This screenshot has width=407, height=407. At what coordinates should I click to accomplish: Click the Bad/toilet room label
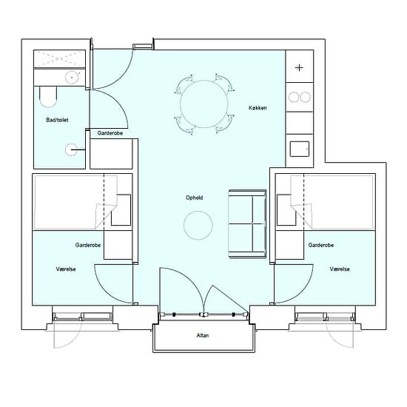(57, 120)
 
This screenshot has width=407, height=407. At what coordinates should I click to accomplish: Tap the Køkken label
(258, 108)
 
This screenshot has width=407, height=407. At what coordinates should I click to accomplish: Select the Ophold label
(194, 198)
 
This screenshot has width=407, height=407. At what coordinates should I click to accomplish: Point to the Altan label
(203, 335)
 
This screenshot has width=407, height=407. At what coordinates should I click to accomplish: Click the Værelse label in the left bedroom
(66, 269)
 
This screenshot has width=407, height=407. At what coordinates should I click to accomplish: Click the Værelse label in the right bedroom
(340, 269)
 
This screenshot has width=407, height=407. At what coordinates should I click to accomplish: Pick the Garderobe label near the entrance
(110, 133)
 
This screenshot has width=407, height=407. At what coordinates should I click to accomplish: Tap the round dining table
(204, 104)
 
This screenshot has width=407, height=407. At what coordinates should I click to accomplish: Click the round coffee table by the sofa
(198, 225)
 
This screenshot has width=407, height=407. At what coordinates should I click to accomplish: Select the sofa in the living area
(247, 223)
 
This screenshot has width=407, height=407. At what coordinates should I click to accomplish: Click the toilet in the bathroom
(48, 96)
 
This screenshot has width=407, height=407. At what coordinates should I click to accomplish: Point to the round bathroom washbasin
(71, 77)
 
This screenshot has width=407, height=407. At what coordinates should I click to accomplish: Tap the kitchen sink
(300, 149)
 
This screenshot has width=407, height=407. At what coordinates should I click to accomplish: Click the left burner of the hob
(294, 98)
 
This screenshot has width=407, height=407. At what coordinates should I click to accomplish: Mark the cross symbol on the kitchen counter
(299, 68)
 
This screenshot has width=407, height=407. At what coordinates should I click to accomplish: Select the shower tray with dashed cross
(59, 59)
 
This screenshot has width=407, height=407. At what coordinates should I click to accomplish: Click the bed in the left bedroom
(75, 202)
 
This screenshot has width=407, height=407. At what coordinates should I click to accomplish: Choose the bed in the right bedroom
(332, 202)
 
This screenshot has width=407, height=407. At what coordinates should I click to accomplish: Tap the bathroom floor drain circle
(70, 149)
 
